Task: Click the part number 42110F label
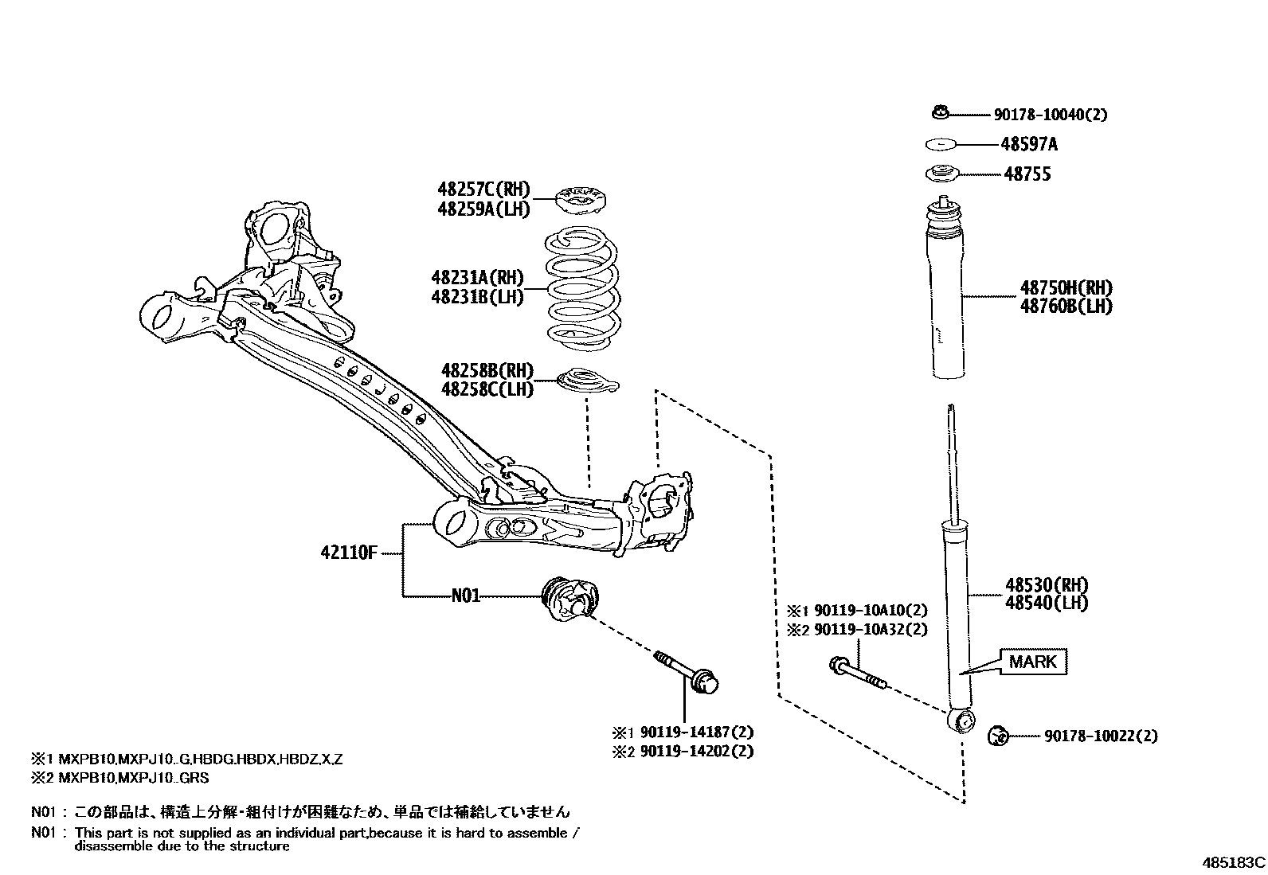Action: point(348,552)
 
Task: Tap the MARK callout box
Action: point(1033,662)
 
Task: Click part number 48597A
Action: point(1029,144)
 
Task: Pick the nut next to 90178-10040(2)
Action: point(940,113)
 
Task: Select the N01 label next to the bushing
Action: point(466,595)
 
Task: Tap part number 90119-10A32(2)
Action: point(867,629)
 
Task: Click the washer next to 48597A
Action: point(941,144)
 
